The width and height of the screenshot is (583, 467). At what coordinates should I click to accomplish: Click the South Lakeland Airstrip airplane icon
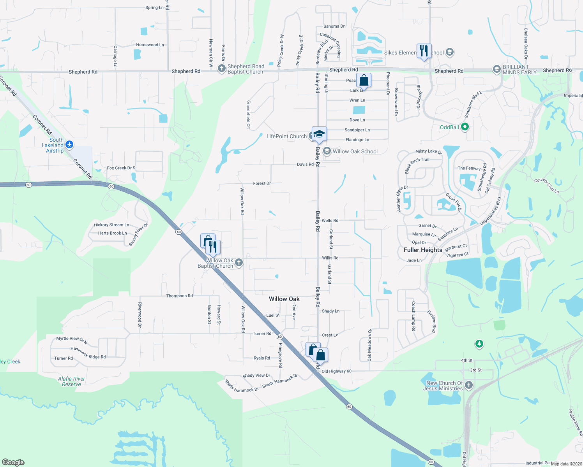coord(69,145)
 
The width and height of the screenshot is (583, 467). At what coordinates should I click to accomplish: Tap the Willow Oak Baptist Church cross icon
coord(239,263)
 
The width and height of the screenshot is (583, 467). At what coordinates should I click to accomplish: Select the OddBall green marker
coord(465,127)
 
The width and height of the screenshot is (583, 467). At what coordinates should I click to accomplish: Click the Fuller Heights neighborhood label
coord(423,250)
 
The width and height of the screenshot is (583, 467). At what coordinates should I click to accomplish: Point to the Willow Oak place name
coord(284,299)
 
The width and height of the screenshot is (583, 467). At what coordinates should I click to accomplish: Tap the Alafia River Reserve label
coord(71,381)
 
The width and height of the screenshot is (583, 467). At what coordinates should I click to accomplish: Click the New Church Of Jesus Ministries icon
coord(469,385)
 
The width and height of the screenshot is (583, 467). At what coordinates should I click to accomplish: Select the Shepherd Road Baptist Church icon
coord(221,69)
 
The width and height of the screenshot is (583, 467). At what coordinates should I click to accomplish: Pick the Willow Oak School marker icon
coord(327,151)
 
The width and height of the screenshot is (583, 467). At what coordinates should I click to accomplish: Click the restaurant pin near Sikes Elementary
coord(424,51)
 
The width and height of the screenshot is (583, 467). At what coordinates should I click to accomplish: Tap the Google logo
coord(13,462)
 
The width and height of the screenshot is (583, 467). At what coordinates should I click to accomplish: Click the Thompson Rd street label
coord(179,296)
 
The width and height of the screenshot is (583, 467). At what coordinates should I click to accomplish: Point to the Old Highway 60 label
coord(336,371)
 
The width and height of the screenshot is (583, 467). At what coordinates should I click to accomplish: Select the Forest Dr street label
coord(261,183)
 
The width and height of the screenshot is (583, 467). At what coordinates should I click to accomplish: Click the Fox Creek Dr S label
coord(121,168)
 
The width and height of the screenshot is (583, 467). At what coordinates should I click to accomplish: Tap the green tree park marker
coord(479,344)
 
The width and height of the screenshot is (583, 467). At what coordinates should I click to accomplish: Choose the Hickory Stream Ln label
coord(111,225)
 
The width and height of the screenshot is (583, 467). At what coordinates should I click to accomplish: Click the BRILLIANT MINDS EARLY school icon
coord(496,69)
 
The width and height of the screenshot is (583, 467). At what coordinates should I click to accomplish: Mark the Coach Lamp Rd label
coord(413,316)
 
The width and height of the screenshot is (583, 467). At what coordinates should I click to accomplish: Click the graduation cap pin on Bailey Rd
coord(319,134)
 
